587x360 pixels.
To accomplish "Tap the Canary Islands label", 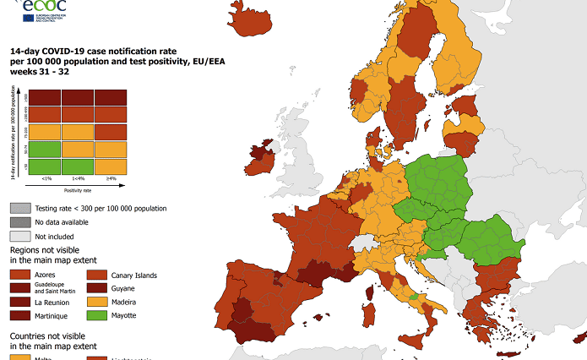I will pos(133,275).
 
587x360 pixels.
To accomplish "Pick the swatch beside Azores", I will pos(19,275).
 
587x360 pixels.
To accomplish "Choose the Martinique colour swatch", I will pos(19,315).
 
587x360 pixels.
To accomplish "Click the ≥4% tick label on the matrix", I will pos(111,178).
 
